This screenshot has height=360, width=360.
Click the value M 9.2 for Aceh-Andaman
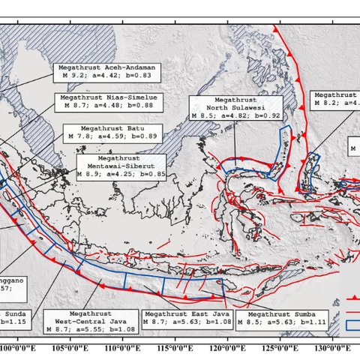coord(75,75)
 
